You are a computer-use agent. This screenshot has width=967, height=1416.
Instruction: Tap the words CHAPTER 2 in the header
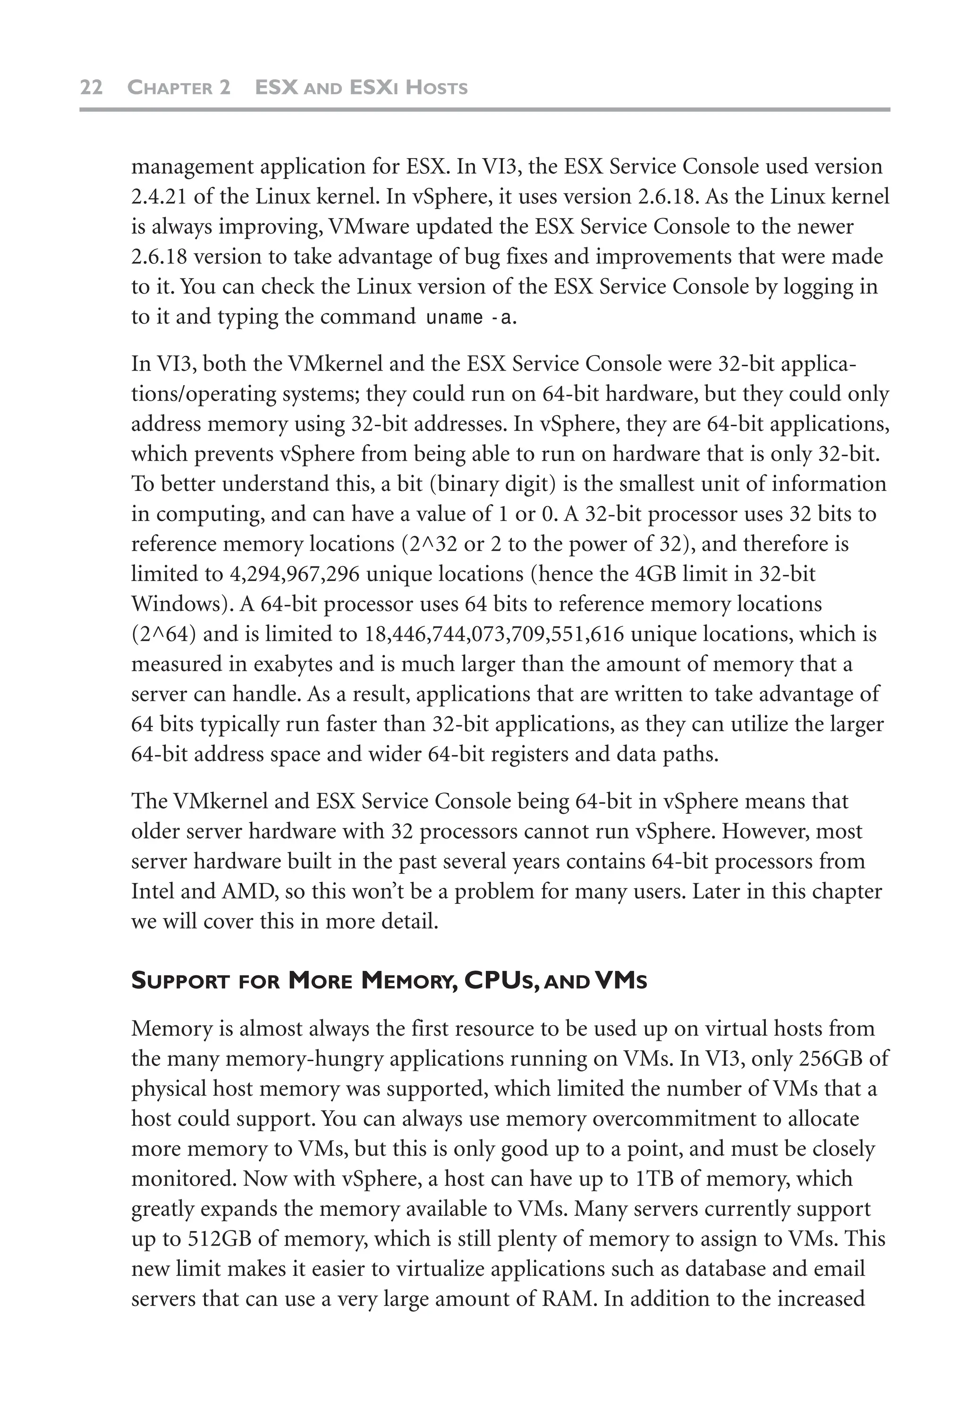pos(178,88)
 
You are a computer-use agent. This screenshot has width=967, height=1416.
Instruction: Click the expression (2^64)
pos(163,634)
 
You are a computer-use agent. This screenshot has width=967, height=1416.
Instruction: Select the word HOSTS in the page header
pos(436,88)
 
